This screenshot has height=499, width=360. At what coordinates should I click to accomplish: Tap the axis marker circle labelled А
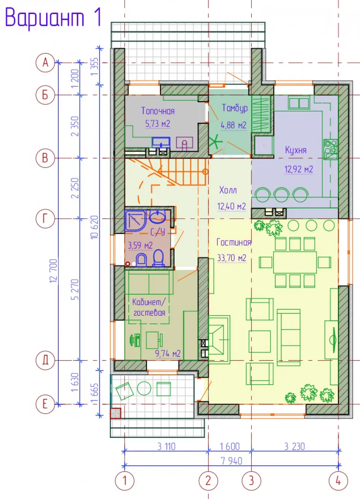coord(45,63)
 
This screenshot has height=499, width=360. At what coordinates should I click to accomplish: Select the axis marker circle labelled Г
coord(45,219)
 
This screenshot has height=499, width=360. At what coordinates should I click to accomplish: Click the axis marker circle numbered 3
coord(251,481)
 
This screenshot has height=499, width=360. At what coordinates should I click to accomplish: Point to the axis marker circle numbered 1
coord(125,481)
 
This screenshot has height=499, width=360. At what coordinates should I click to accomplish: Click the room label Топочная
coord(158,111)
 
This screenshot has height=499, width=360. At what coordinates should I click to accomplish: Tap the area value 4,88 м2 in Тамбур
coord(233,125)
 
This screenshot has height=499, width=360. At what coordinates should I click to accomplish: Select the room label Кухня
coord(296,150)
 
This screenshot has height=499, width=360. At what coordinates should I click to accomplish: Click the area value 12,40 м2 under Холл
coord(231,206)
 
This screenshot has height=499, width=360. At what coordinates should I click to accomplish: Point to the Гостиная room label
coord(234,242)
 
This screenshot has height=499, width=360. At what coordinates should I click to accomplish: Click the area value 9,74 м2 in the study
coord(168,354)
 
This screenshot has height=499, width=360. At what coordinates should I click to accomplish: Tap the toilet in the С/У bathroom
coord(158,258)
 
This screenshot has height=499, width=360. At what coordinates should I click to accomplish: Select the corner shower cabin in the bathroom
coord(135,221)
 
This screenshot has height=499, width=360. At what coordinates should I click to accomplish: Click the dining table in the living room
coord(295,262)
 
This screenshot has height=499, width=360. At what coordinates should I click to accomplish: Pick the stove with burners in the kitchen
coord(331,149)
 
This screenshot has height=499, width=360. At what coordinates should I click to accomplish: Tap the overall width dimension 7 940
coord(231,461)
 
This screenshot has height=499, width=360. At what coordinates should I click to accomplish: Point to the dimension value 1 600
coord(230,446)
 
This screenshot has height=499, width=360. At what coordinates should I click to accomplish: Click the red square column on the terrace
coord(116,413)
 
